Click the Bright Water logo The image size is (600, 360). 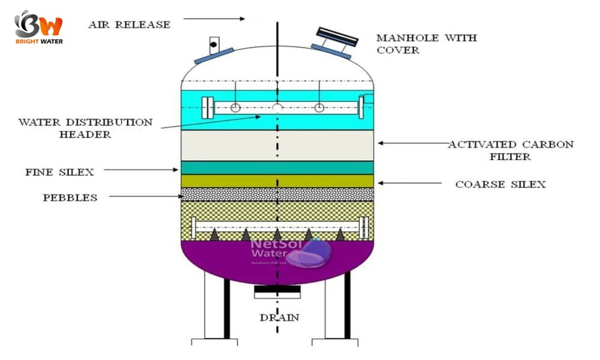39,28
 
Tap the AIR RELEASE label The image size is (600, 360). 129,25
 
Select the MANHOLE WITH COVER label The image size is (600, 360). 426,44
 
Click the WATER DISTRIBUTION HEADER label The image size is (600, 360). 85,128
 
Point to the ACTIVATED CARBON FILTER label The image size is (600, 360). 511,150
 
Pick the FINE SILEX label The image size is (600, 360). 59,172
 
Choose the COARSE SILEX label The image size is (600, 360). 500,184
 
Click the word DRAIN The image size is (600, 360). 279,317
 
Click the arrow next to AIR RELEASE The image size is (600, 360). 214,19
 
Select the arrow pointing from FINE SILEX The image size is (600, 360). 141,170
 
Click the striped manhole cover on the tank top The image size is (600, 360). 338,36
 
